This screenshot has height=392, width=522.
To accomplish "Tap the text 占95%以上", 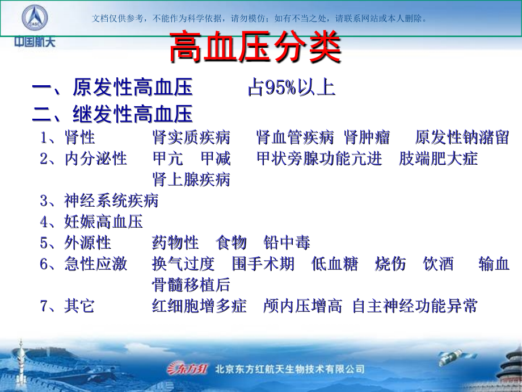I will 292,88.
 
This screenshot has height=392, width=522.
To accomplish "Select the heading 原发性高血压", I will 133,88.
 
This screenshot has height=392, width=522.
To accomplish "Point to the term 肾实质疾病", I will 191,137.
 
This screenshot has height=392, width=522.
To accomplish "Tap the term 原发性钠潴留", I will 462,137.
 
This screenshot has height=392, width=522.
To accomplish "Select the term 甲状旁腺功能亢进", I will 319,159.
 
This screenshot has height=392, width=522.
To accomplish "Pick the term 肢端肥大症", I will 438,159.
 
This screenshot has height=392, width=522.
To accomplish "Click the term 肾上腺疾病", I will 191,180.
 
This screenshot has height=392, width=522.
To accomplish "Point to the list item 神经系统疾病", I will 111,201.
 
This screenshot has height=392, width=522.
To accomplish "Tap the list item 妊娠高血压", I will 103,222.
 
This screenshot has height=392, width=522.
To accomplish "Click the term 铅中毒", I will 287,243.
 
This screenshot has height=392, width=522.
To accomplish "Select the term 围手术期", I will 263,264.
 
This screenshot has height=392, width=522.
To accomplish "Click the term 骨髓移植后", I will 191,285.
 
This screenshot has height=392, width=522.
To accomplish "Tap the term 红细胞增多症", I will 199,307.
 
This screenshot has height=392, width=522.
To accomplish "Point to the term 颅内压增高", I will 302,307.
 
